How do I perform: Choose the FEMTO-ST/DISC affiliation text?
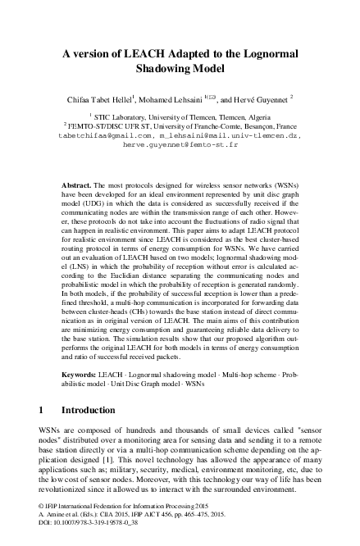(123, 128)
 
